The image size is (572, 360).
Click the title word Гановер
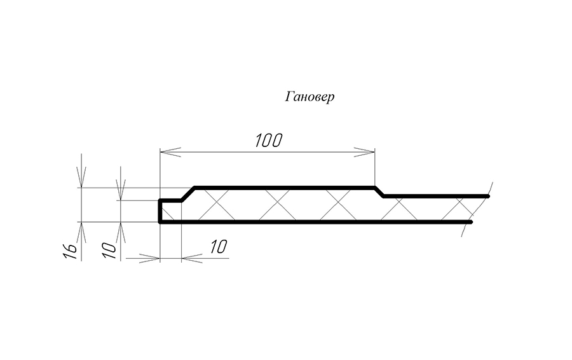click(x=310, y=97)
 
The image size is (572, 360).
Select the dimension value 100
click(x=268, y=141)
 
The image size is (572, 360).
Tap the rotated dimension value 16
click(x=71, y=251)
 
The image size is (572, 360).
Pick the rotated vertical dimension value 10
click(x=109, y=251)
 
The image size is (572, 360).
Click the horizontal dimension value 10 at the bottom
click(x=218, y=247)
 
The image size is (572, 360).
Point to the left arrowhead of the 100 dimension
click(x=170, y=152)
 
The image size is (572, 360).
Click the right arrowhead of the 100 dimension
click(x=364, y=152)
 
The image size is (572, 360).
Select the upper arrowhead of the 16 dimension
click(x=81, y=177)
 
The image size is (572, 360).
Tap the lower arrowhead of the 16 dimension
click(x=81, y=232)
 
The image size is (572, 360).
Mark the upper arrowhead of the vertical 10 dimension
click(x=120, y=190)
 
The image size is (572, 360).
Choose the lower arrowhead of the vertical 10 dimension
click(x=120, y=232)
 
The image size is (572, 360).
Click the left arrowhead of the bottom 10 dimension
click(x=149, y=258)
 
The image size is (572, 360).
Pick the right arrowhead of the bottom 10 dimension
click(x=192, y=258)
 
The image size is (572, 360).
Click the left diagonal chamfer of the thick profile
click(x=188, y=194)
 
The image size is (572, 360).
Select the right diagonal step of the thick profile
click(x=379, y=192)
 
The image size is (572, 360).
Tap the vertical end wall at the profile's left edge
click(x=160, y=211)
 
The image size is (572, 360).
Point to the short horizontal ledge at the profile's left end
click(x=171, y=200)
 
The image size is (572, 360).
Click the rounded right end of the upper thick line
click(x=487, y=197)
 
